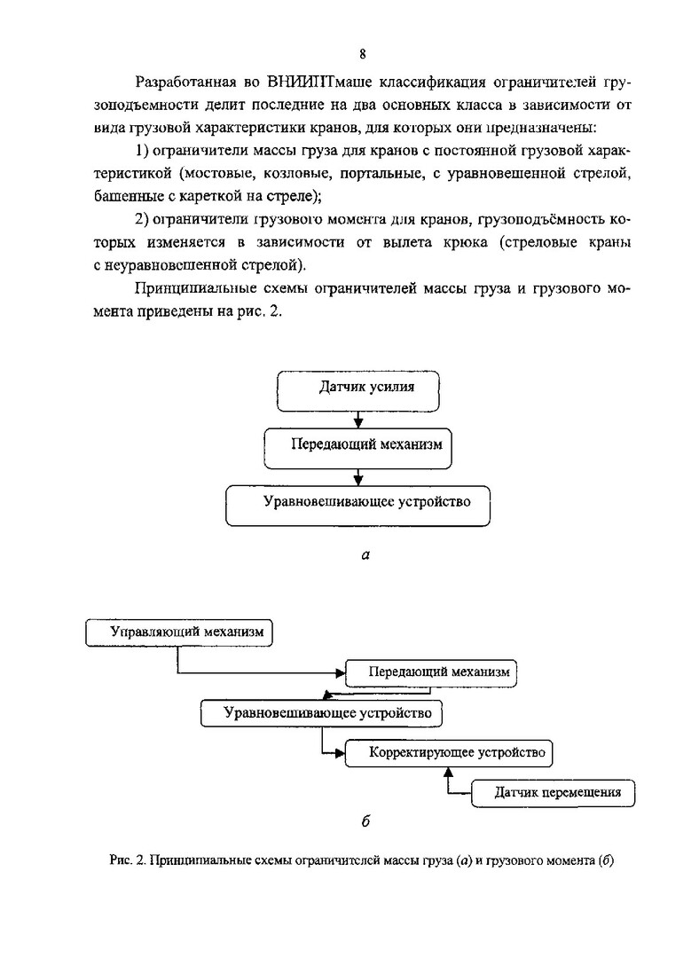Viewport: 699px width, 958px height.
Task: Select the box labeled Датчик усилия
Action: (x=357, y=388)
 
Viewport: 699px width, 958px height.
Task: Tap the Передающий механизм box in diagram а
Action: (x=357, y=444)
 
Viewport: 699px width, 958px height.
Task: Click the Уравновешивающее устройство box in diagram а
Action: (x=357, y=503)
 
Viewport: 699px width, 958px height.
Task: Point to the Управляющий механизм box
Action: (x=180, y=632)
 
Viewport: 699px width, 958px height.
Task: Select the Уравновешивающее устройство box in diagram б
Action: (x=322, y=712)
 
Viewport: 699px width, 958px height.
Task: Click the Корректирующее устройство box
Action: (x=448, y=753)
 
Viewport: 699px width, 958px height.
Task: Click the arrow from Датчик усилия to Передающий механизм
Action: (x=357, y=418)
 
